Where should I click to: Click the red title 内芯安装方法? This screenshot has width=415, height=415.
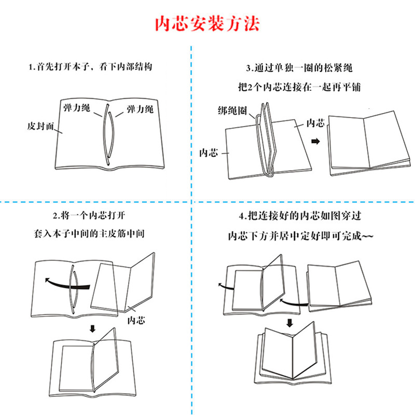(208, 24)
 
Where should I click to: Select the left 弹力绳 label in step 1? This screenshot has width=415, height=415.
(76, 108)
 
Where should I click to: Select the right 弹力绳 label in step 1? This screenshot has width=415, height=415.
(140, 109)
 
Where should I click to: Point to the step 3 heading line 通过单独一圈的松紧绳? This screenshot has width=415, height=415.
(302, 68)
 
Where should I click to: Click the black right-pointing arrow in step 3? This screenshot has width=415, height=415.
(315, 141)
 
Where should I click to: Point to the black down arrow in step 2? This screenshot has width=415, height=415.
(93, 328)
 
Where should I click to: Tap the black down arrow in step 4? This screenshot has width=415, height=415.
(288, 323)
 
